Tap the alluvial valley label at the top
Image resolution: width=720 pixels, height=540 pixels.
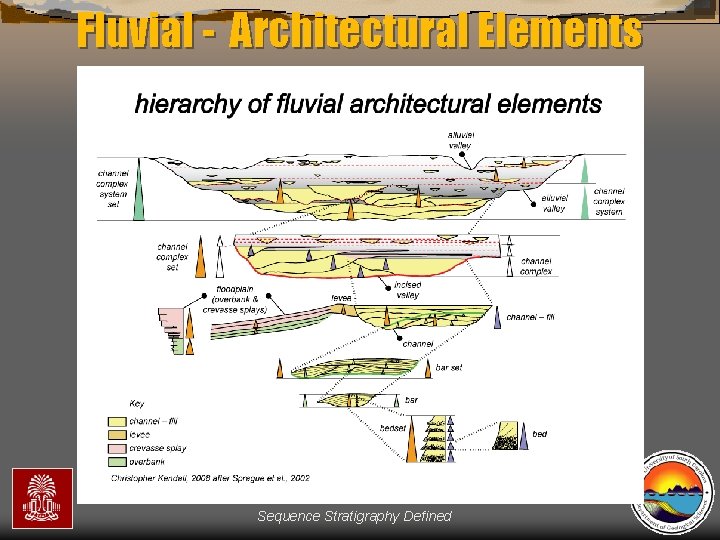460,140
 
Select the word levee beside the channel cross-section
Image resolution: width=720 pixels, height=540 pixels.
342,298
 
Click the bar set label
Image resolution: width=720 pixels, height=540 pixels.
449,367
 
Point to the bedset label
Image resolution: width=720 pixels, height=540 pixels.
393,428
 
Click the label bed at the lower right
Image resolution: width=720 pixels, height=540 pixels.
539,434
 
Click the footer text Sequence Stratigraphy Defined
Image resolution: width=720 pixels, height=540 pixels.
354,516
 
